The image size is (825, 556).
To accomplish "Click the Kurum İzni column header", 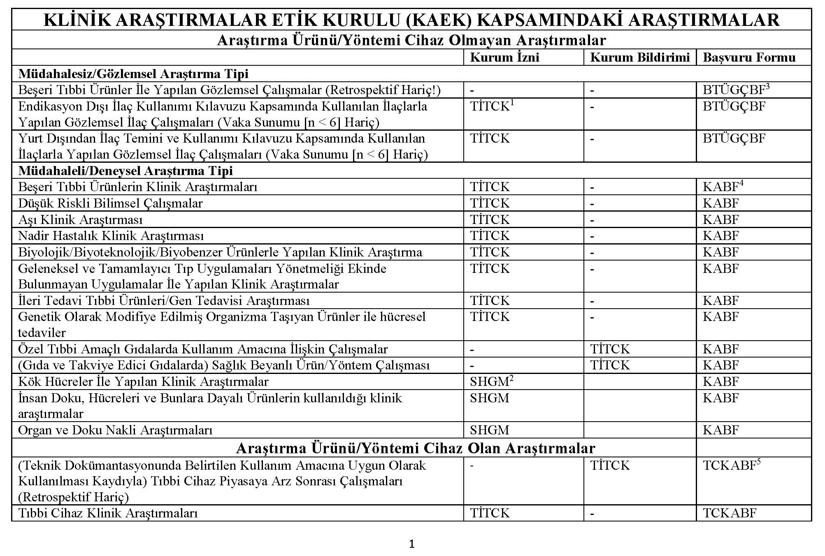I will click(504, 58).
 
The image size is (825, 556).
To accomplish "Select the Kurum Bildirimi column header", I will click(639, 58).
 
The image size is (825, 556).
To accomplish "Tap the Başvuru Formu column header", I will click(749, 58).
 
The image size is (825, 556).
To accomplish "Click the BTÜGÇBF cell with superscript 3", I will click(736, 90).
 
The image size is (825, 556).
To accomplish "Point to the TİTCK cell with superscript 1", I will click(492, 106).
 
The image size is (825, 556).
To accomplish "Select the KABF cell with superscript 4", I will click(723, 187).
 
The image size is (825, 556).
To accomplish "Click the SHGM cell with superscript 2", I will click(491, 382).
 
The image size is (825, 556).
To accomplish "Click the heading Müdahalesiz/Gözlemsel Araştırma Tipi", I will click(133, 74).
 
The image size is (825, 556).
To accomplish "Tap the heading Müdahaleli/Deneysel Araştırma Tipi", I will click(125, 171).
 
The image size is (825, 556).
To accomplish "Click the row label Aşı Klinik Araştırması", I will click(80, 220).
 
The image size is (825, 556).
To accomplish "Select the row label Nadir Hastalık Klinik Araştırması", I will click(111, 236).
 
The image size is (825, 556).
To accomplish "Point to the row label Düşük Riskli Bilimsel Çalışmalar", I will click(110, 203).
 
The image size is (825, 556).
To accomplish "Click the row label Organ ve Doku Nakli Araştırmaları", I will click(115, 430).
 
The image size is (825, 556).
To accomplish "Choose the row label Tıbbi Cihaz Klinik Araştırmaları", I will click(108, 513).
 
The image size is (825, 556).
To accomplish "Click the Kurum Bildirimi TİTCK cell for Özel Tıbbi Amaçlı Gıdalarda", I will click(609, 349).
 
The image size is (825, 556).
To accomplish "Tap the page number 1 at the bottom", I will click(412, 544).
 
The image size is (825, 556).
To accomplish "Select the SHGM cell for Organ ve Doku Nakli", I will click(489, 430).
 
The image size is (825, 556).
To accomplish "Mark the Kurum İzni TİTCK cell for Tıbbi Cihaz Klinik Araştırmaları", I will click(490, 513).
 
